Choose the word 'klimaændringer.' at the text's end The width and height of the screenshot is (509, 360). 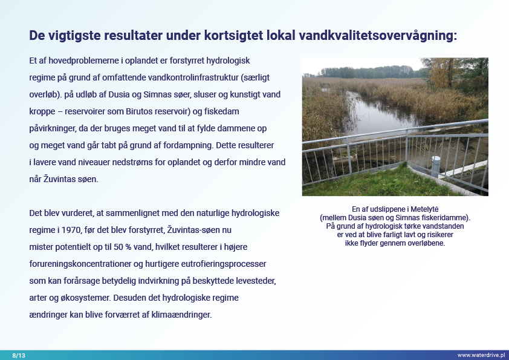(181, 315)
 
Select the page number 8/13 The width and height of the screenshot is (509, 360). (19, 355)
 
